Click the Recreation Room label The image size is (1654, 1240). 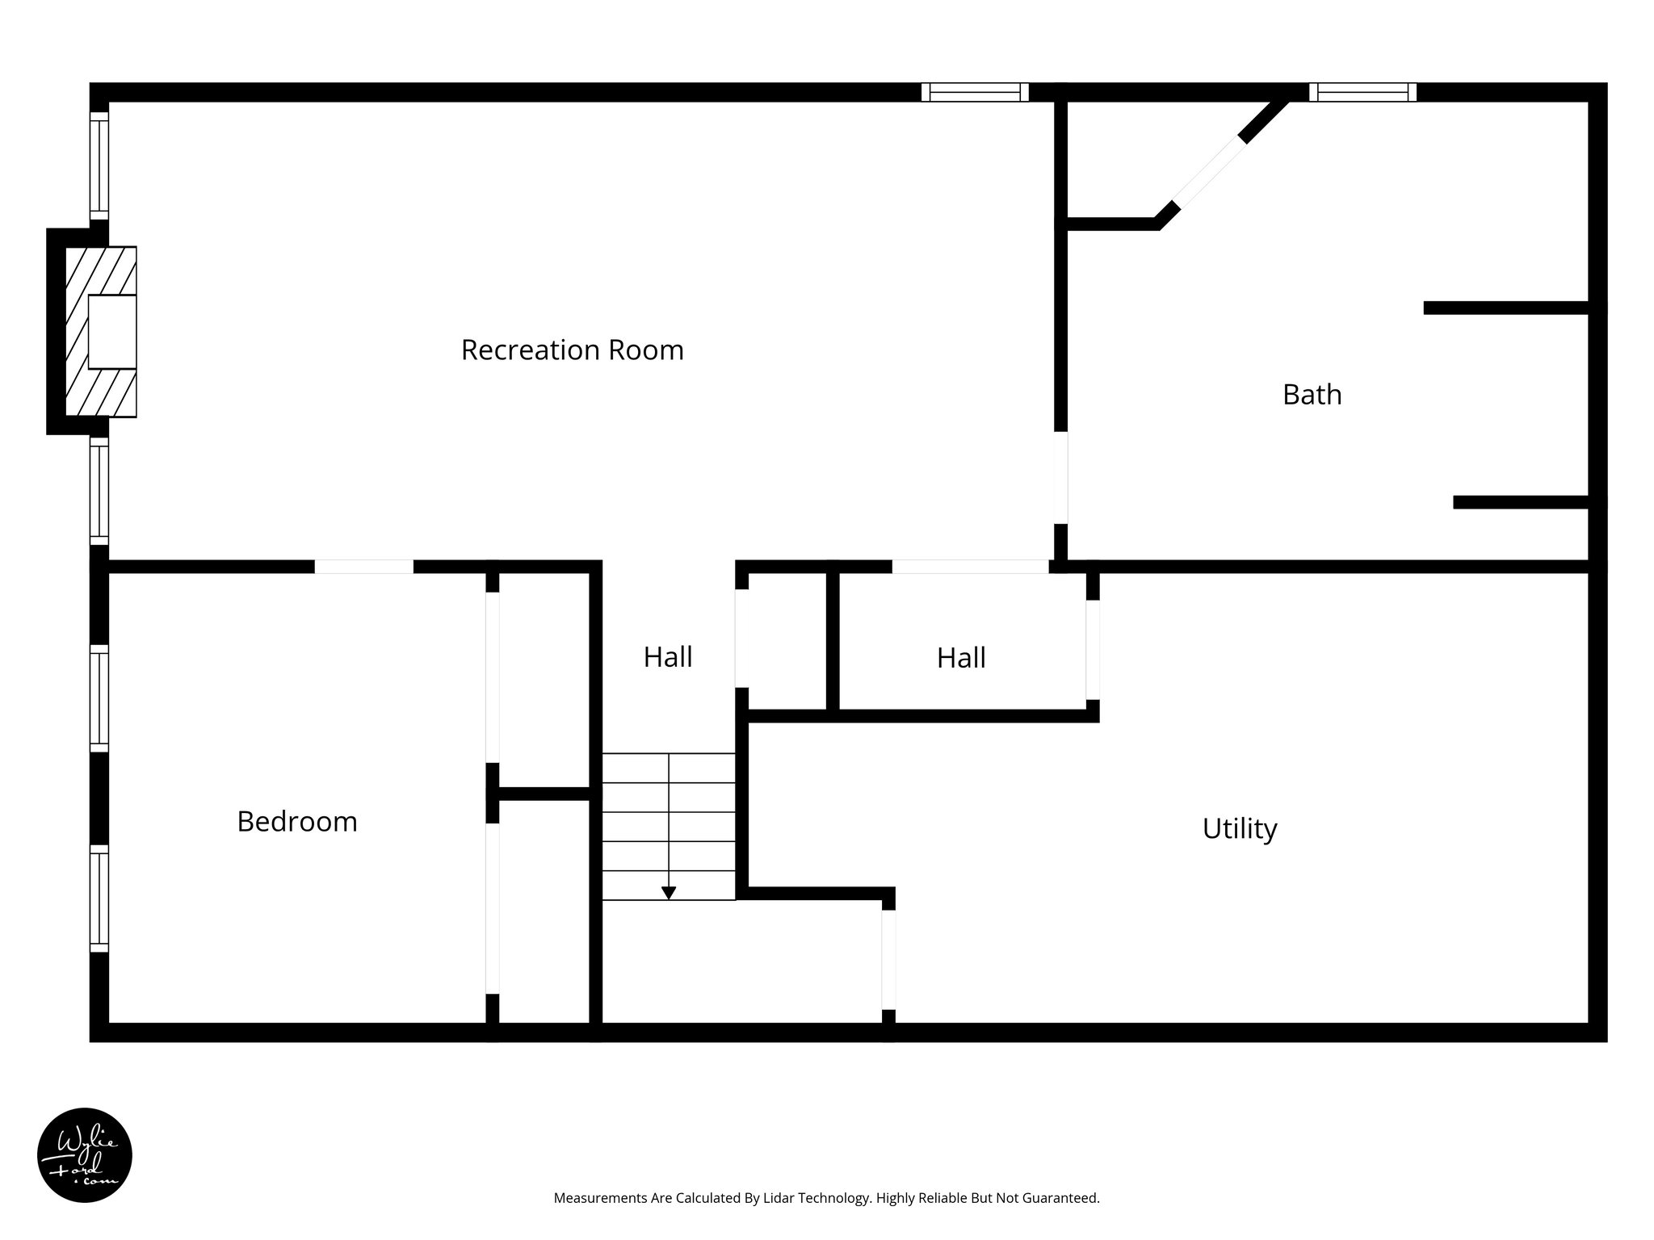point(572,350)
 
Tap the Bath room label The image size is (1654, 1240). point(1312,395)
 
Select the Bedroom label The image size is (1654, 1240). point(296,822)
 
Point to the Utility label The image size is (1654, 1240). point(1239,829)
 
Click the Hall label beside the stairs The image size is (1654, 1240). point(667,657)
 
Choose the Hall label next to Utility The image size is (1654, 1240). point(960,658)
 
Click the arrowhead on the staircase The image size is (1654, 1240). point(669,892)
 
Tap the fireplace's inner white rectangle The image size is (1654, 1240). point(111,332)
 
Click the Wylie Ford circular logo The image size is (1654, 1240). point(85,1155)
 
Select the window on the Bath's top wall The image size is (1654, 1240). point(1362,92)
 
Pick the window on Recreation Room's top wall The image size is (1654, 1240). point(975,92)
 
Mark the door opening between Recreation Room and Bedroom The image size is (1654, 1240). point(363,567)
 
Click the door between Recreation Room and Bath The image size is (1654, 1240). point(1060,477)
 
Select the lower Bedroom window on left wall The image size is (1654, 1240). point(99,899)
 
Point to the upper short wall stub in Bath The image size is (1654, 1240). point(1506,308)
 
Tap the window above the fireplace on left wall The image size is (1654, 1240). point(99,165)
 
